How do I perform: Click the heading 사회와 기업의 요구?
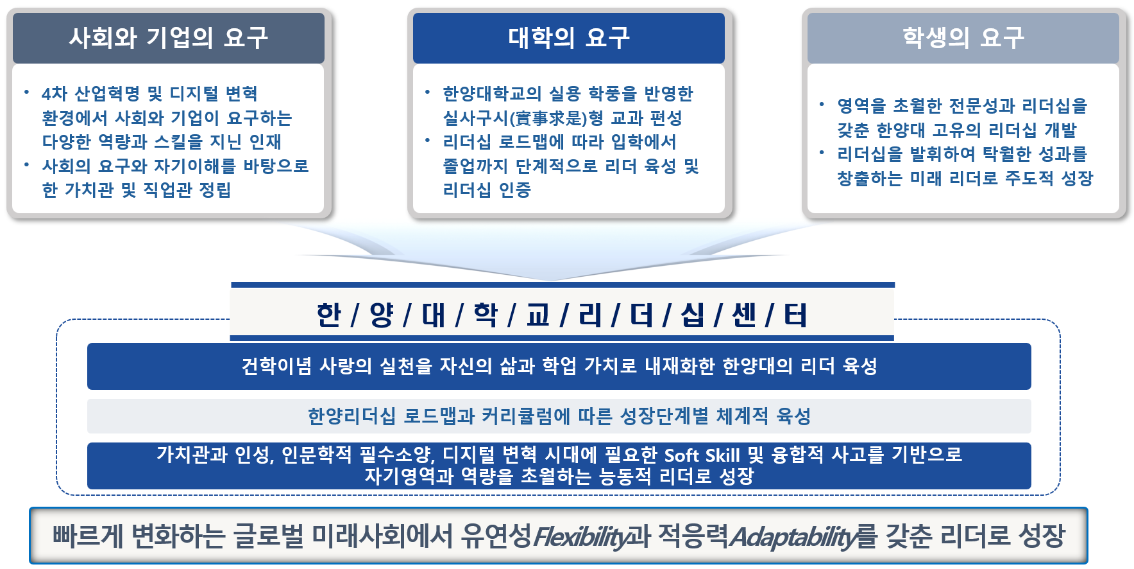168,38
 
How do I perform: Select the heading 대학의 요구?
568,38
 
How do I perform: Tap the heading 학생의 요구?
963,38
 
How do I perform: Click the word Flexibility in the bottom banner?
580,536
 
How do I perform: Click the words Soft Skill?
702,455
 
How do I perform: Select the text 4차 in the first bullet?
55,94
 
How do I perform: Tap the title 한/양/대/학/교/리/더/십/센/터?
562,315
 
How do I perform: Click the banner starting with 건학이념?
559,366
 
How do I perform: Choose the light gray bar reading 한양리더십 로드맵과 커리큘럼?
559,416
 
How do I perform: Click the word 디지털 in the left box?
194,94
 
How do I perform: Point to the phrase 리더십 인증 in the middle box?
487,190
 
